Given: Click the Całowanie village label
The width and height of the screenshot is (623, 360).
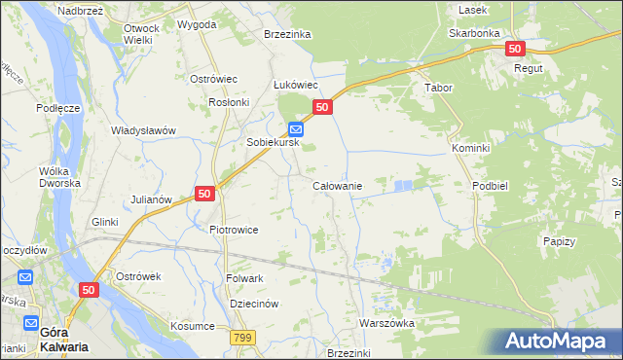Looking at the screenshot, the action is (x=337, y=185).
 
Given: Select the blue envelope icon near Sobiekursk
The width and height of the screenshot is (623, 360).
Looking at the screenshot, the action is (x=296, y=128).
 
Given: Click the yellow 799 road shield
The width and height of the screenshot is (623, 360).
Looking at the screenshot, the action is (x=243, y=337).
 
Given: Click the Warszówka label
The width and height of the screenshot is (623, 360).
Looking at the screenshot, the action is (x=386, y=322).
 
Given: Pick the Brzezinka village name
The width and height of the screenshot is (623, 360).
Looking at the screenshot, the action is (x=287, y=34).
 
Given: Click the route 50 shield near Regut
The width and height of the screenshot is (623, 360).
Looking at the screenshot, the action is (x=515, y=48).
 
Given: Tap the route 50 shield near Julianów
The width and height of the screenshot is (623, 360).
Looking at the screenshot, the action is (x=204, y=194).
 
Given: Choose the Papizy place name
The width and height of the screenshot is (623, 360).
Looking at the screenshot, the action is (x=560, y=241).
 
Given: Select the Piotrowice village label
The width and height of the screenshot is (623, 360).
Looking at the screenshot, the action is (x=234, y=230).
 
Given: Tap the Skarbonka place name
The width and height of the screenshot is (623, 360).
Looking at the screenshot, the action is (x=474, y=32).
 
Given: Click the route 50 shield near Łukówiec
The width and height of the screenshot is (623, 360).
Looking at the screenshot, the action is (x=323, y=106).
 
